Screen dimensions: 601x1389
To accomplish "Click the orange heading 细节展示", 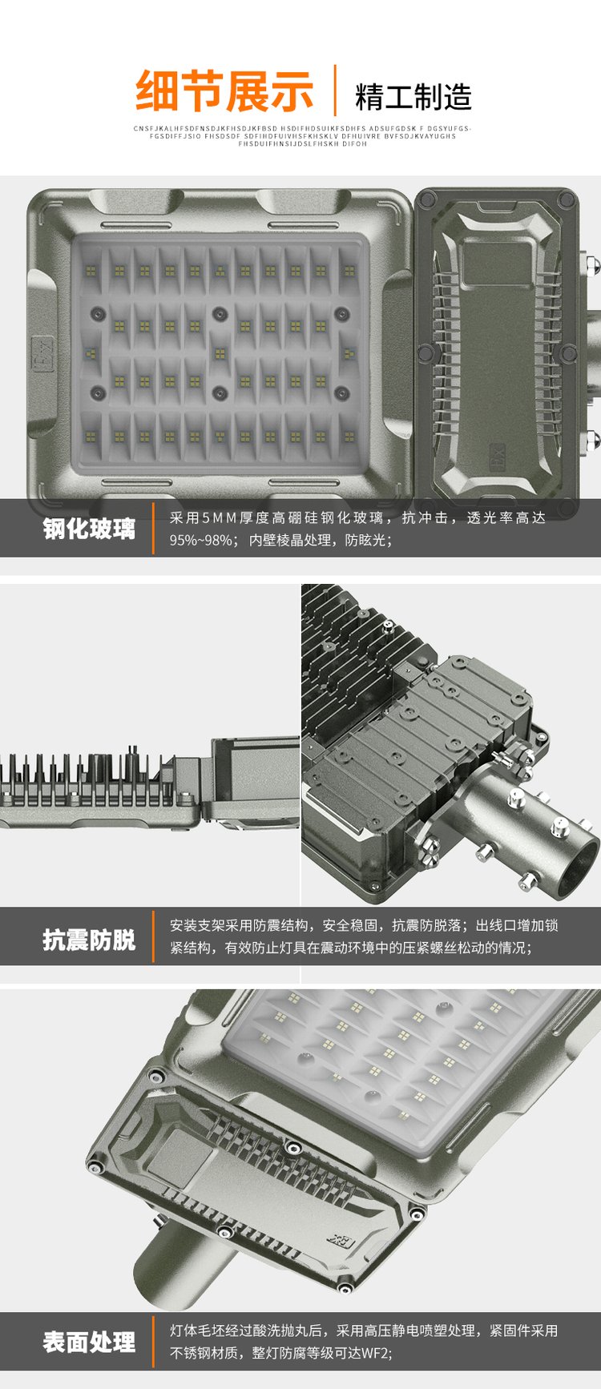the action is (224, 91).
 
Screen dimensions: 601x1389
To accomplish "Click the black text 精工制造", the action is (413, 97).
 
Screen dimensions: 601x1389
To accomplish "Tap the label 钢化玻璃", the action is (89, 529).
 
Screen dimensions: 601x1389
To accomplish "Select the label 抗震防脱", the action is (89, 940).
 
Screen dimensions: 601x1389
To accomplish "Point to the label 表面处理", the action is (89, 1343).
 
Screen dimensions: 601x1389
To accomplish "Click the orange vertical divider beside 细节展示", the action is (335, 91).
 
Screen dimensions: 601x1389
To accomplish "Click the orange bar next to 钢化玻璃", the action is (153, 529).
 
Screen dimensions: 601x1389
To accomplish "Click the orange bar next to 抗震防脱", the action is (153, 936).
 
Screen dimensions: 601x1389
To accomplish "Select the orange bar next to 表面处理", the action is (153, 1340).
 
